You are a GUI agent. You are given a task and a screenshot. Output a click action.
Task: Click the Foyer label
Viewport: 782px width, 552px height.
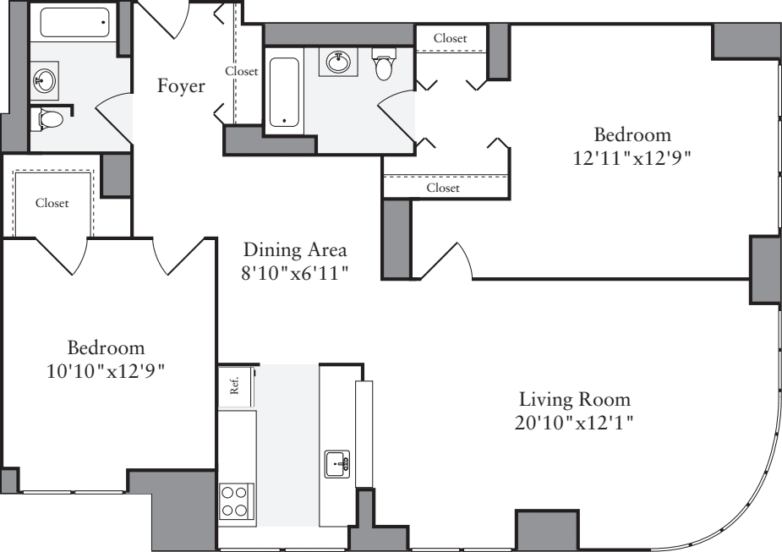coord(181,86)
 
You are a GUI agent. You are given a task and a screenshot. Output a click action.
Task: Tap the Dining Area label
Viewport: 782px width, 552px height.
coord(295,250)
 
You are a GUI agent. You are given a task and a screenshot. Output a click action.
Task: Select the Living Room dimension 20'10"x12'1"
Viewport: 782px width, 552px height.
coord(574,422)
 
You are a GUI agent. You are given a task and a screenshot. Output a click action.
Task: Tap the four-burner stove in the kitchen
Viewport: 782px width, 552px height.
coord(236,500)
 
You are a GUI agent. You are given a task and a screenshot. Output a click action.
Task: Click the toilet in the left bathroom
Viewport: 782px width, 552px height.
coord(49,120)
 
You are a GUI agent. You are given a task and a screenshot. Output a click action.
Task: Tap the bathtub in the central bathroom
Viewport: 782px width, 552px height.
coord(284,92)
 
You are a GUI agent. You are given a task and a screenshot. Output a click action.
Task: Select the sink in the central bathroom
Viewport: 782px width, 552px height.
coord(338,61)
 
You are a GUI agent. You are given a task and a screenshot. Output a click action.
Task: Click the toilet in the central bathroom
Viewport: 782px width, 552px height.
coord(385,64)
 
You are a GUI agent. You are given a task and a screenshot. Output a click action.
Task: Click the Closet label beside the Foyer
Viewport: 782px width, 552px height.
coord(241,72)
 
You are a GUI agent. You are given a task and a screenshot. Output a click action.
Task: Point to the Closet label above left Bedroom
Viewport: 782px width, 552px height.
coord(52,203)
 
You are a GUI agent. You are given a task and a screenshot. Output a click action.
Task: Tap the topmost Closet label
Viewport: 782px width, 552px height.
coord(450,38)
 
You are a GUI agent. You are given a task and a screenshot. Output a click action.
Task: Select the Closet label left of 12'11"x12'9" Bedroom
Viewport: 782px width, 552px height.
coord(442,188)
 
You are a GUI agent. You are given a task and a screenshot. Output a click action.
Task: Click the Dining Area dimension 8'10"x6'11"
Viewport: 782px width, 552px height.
coord(295,273)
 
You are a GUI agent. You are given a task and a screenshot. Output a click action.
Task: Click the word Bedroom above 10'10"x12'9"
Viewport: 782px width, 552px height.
coord(106,347)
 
